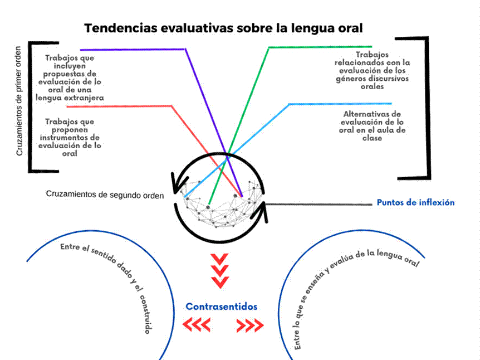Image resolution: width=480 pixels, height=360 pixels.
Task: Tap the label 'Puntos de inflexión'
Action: point(415,202)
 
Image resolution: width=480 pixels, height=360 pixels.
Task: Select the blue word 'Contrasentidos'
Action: point(222,307)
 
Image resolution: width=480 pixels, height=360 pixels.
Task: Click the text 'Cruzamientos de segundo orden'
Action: point(105,195)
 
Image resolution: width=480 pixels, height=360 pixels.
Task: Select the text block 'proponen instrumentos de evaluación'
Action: point(70,137)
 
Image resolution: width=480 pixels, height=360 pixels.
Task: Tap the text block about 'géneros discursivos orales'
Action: point(371,71)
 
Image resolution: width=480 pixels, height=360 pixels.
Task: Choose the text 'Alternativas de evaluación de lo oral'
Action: point(373,126)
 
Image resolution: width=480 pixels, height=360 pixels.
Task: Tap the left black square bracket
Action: point(32,106)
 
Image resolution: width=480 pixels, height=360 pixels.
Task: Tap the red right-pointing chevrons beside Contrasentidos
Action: point(250,325)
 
